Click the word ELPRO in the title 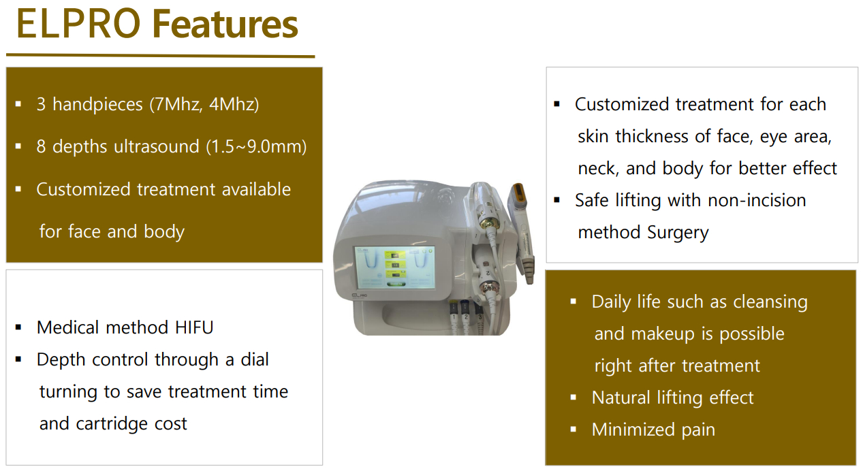[78, 24]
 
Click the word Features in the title [225, 24]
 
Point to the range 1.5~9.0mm [255, 147]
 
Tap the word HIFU [194, 328]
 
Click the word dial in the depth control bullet [255, 359]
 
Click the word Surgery [678, 232]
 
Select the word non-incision [757, 200]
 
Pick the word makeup [664, 334]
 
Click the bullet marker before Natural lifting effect [574, 397]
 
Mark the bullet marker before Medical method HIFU [18, 328]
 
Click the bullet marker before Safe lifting [556, 200]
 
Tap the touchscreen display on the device [394, 267]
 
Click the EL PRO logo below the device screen [359, 295]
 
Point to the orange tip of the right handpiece [519, 193]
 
